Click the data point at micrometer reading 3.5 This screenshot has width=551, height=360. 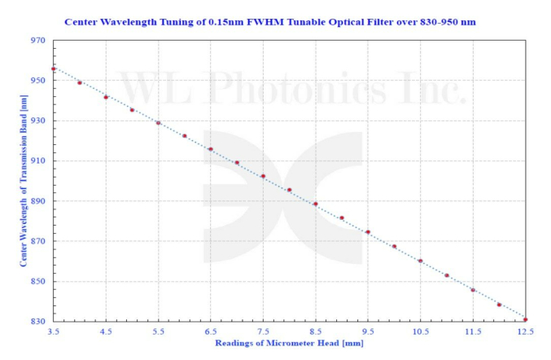[54, 69]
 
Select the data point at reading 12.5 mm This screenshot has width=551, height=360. [526, 319]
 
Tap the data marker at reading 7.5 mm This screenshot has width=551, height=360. [263, 176]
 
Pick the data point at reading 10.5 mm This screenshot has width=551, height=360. [421, 261]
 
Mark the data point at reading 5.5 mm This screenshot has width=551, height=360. [158, 123]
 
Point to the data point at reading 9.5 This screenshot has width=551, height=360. [368, 232]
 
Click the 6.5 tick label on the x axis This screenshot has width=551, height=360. [211, 333]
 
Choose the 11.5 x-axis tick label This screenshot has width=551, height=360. [473, 333]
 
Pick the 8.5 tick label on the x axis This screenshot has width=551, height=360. [316, 333]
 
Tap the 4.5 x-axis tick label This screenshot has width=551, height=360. [106, 333]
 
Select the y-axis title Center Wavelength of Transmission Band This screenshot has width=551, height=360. [24, 182]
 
